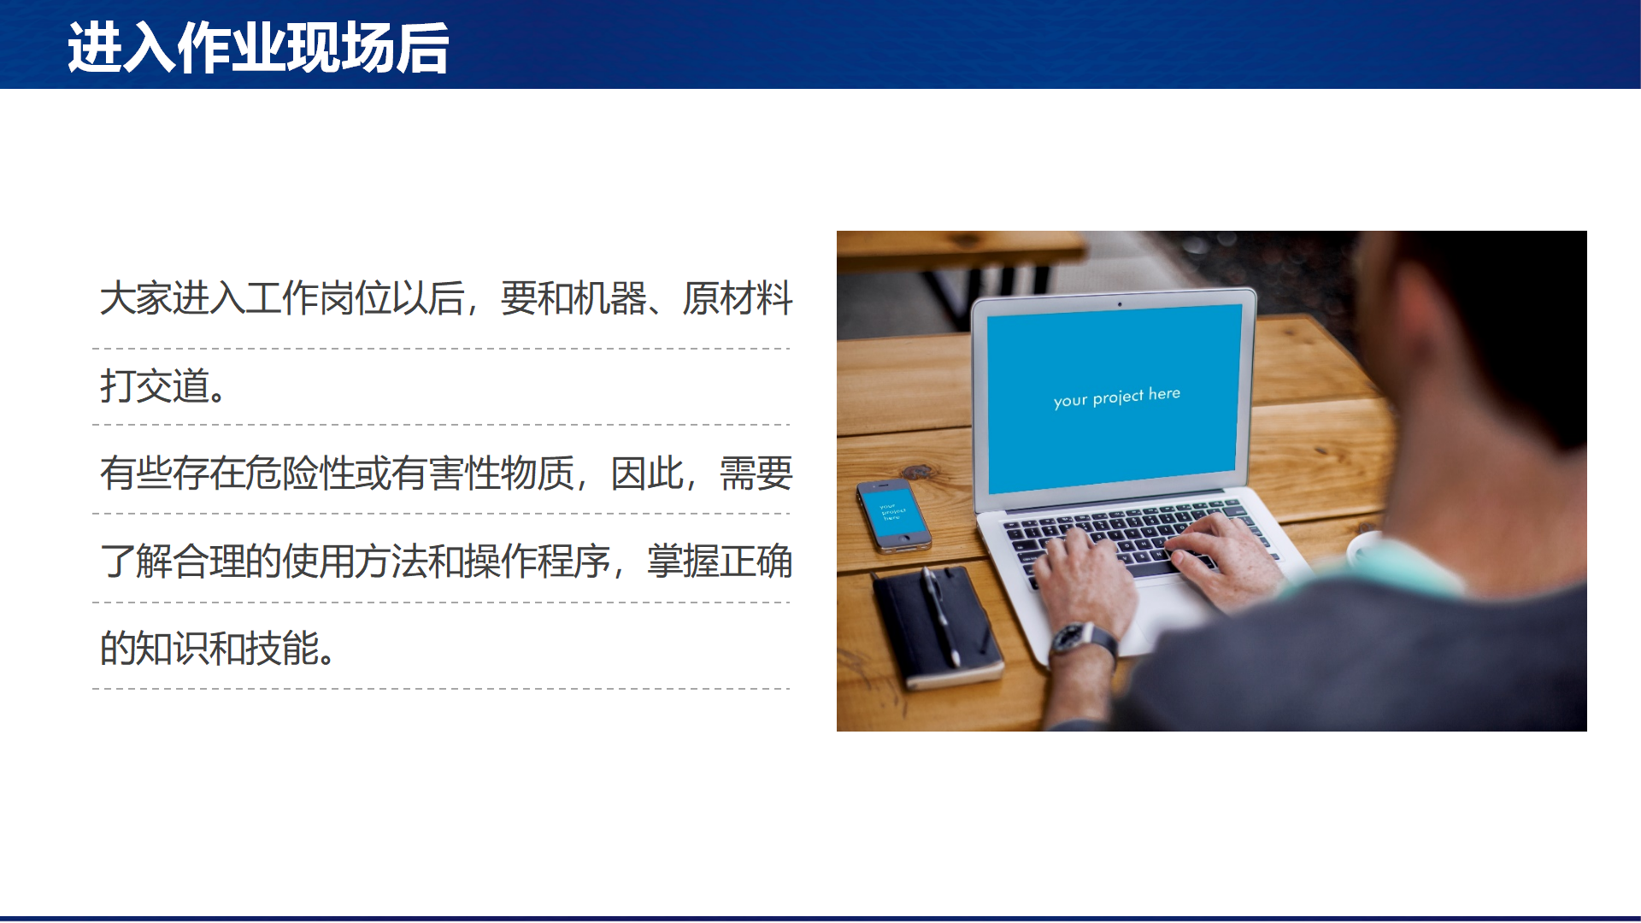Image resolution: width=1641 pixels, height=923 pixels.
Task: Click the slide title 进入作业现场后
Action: (x=258, y=48)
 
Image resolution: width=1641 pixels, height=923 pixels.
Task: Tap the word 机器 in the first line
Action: (x=609, y=298)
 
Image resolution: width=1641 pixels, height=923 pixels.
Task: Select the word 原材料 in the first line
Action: (x=737, y=298)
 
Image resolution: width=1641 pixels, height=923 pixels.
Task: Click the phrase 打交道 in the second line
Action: (x=155, y=385)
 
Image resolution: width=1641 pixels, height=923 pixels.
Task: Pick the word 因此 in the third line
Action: (x=647, y=473)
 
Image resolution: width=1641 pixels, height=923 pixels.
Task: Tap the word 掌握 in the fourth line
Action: (x=683, y=561)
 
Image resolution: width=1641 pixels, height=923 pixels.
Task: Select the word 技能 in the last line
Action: (x=282, y=648)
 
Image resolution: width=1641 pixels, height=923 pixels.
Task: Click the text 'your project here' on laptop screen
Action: (x=1116, y=397)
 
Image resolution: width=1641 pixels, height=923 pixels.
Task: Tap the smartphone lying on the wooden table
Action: (x=893, y=515)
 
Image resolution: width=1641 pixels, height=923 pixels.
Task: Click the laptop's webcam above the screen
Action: (x=1120, y=303)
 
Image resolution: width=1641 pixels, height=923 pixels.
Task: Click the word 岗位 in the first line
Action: (x=355, y=298)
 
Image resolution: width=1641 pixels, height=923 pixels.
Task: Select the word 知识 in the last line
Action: (x=173, y=648)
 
